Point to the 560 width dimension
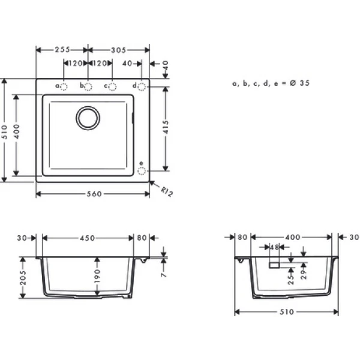tap(92, 194)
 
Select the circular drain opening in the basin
tap(88, 118)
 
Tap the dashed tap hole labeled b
tap(88, 87)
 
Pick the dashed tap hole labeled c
tap(112, 87)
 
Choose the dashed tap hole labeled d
tap(142, 87)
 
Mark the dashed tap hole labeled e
tap(142, 170)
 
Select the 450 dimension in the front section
tap(88, 238)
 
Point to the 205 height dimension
tap(23, 277)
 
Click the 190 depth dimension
tap(98, 277)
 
